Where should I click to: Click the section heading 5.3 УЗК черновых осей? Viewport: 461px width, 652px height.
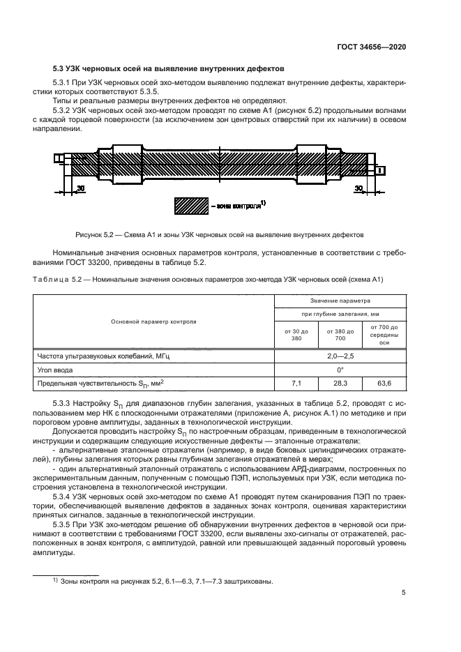click(168, 70)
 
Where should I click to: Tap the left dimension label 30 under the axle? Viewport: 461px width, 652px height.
click(80, 189)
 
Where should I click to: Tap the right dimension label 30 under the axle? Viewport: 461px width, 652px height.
click(358, 189)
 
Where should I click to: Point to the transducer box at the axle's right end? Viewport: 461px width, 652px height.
click(380, 169)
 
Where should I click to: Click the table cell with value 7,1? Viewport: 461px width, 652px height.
click(295, 384)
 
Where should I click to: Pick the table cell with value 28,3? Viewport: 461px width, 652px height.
click(340, 384)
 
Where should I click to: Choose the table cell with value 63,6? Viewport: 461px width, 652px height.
click(384, 384)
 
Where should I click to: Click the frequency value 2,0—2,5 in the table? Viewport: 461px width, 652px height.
click(340, 356)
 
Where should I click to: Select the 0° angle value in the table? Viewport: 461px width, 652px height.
click(340, 370)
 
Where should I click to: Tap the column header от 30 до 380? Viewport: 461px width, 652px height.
click(295, 334)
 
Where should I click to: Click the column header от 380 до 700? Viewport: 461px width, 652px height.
click(340, 334)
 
